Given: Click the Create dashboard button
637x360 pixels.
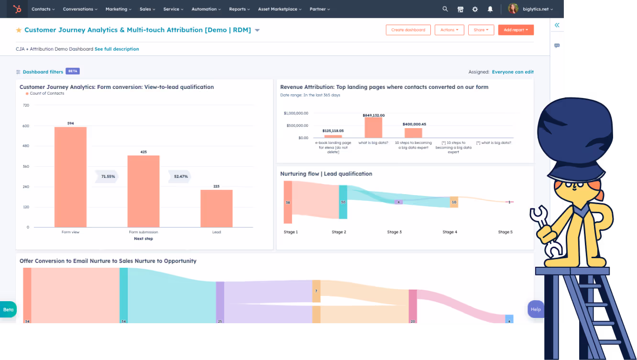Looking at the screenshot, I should click(x=408, y=30).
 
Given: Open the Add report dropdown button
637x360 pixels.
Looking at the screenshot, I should click(x=516, y=30).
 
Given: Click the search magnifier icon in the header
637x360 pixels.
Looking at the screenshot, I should click(x=445, y=9).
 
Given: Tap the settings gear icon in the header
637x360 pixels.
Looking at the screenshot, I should click(x=475, y=9).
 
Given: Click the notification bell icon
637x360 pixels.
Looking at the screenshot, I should click(x=490, y=9).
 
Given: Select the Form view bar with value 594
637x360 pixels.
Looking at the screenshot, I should click(x=70, y=177).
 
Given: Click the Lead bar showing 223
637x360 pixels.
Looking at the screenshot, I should click(x=216, y=208).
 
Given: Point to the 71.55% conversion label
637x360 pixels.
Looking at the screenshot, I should click(x=108, y=176).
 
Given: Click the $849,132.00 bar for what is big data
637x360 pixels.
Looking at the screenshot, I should click(x=373, y=128).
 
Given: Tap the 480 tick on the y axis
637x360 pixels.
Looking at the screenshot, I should click(x=26, y=146).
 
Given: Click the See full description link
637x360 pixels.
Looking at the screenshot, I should click(x=117, y=49).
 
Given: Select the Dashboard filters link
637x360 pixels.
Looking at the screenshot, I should click(x=43, y=72).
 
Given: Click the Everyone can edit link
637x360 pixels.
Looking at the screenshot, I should click(x=513, y=72).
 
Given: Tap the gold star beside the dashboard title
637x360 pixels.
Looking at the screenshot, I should click(x=19, y=30).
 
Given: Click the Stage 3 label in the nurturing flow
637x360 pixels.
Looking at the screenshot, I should click(x=394, y=232).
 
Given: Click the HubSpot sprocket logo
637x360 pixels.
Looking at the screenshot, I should click(x=17, y=9).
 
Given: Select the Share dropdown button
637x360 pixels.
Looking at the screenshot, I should click(x=481, y=30).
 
